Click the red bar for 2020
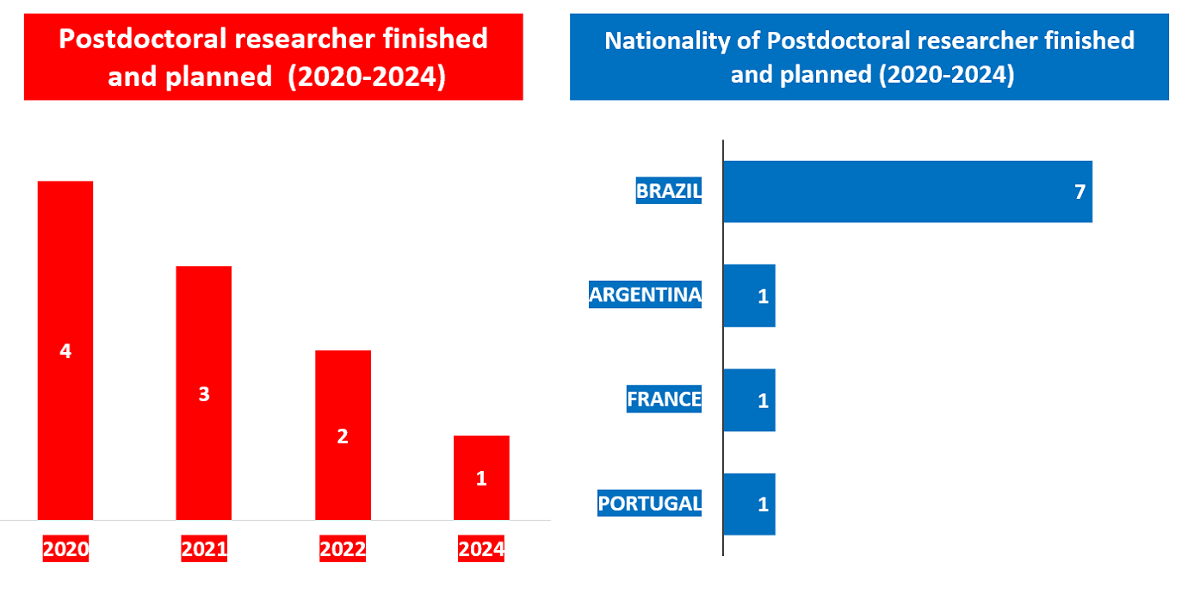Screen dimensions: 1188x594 [x=65, y=350]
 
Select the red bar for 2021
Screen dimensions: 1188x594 [x=204, y=393]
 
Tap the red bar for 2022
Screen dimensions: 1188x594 [x=343, y=436]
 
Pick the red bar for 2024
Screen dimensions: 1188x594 [x=481, y=478]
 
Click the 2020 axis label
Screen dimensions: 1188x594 [x=65, y=548]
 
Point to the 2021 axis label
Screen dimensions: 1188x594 [x=204, y=548]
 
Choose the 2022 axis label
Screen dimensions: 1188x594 [x=343, y=548]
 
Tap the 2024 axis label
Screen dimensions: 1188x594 [x=481, y=548]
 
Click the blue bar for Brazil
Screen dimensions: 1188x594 [x=908, y=191]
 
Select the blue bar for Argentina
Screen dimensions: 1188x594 [x=750, y=295]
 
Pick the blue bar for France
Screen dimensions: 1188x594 [x=750, y=400]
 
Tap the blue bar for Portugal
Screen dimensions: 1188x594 [x=750, y=504]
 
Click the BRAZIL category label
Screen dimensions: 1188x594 [x=669, y=190]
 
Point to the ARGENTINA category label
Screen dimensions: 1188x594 [x=645, y=294]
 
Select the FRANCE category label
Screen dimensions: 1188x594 [x=664, y=399]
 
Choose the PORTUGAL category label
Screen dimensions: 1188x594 [x=650, y=503]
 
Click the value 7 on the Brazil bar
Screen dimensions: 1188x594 [x=1080, y=192]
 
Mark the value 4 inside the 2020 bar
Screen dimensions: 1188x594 [x=65, y=350]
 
